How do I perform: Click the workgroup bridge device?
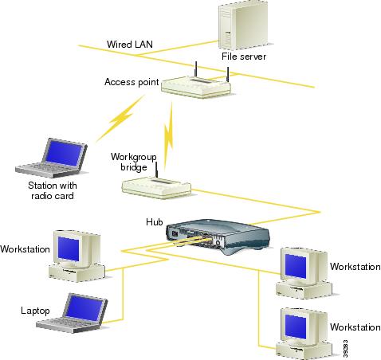(155, 186)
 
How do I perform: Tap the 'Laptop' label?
(34, 310)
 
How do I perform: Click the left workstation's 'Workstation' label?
(26, 249)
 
